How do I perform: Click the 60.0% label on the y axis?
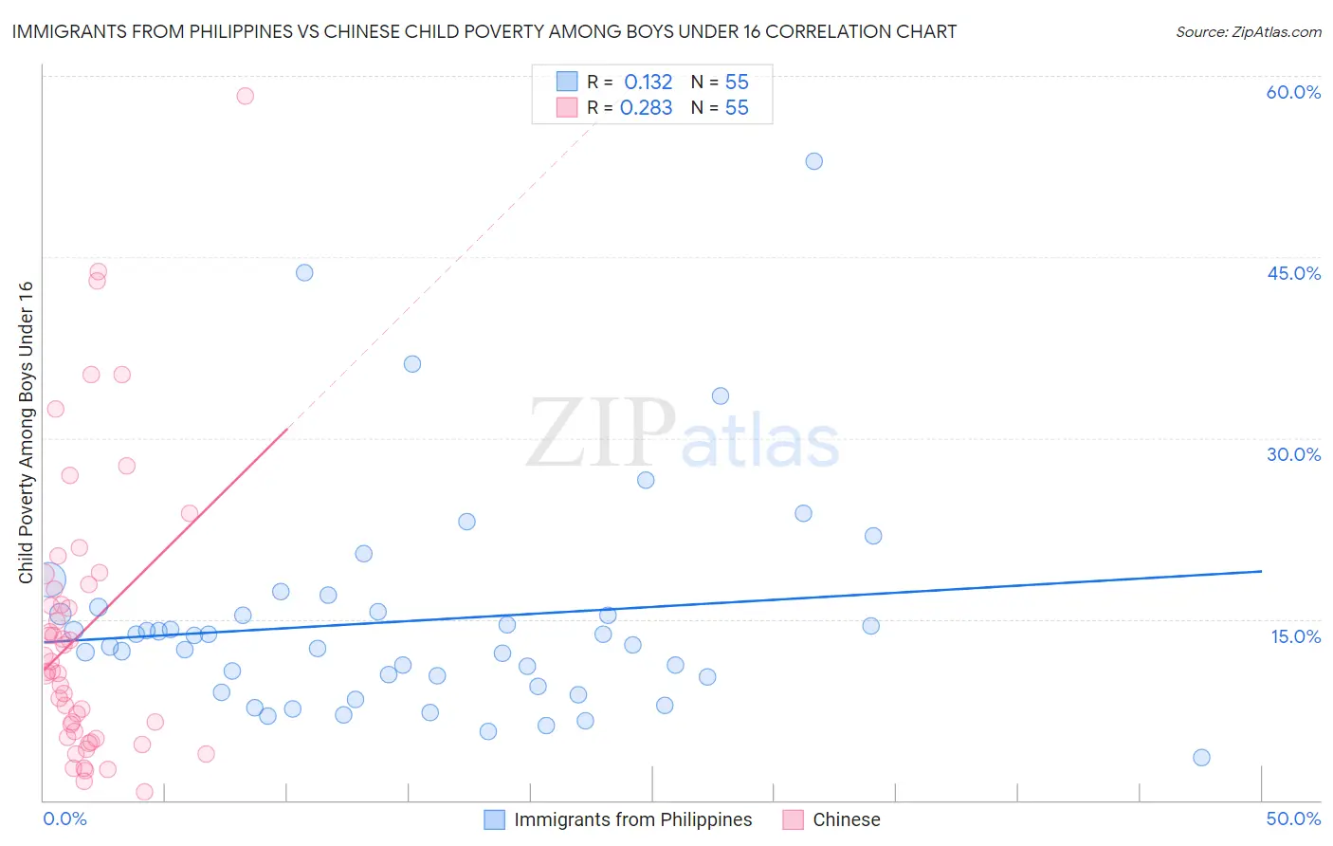click(1293, 92)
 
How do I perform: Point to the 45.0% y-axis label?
click(1293, 273)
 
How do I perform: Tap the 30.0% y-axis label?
click(1293, 454)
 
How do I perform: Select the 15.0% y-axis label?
click(1295, 636)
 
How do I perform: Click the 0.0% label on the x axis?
click(64, 818)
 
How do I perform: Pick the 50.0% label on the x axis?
click(1293, 818)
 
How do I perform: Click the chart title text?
click(484, 31)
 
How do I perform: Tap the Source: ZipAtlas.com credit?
click(1248, 31)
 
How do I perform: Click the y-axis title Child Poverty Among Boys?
click(26, 432)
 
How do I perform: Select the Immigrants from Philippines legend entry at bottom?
click(618, 819)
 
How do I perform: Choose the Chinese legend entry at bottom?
click(832, 819)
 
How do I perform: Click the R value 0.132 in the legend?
click(648, 83)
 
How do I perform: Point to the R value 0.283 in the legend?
click(646, 108)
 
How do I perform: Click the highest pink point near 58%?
click(246, 96)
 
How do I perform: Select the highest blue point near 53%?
click(813, 161)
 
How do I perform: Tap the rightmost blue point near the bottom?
click(1201, 757)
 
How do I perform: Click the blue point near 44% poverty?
click(304, 272)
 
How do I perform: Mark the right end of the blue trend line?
click(1261, 571)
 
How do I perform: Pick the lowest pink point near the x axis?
click(144, 792)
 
